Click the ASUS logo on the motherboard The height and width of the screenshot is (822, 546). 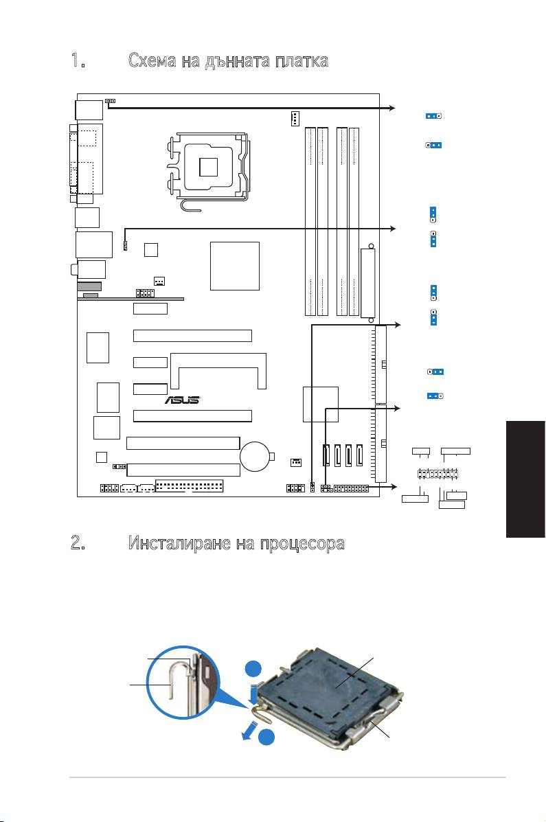(183, 400)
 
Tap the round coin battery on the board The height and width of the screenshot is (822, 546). (256, 456)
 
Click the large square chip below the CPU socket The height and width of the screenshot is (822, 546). (234, 266)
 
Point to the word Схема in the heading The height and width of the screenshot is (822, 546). (152, 61)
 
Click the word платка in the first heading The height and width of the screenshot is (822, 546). (302, 61)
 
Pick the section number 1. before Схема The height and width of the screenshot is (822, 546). (78, 61)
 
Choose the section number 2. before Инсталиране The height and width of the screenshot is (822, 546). (78, 543)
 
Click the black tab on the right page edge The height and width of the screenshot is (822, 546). (525, 478)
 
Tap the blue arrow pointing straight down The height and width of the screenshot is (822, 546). (254, 692)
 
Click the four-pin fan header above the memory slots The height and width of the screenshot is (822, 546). (295, 119)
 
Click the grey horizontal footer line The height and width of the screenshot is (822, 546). (288, 777)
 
